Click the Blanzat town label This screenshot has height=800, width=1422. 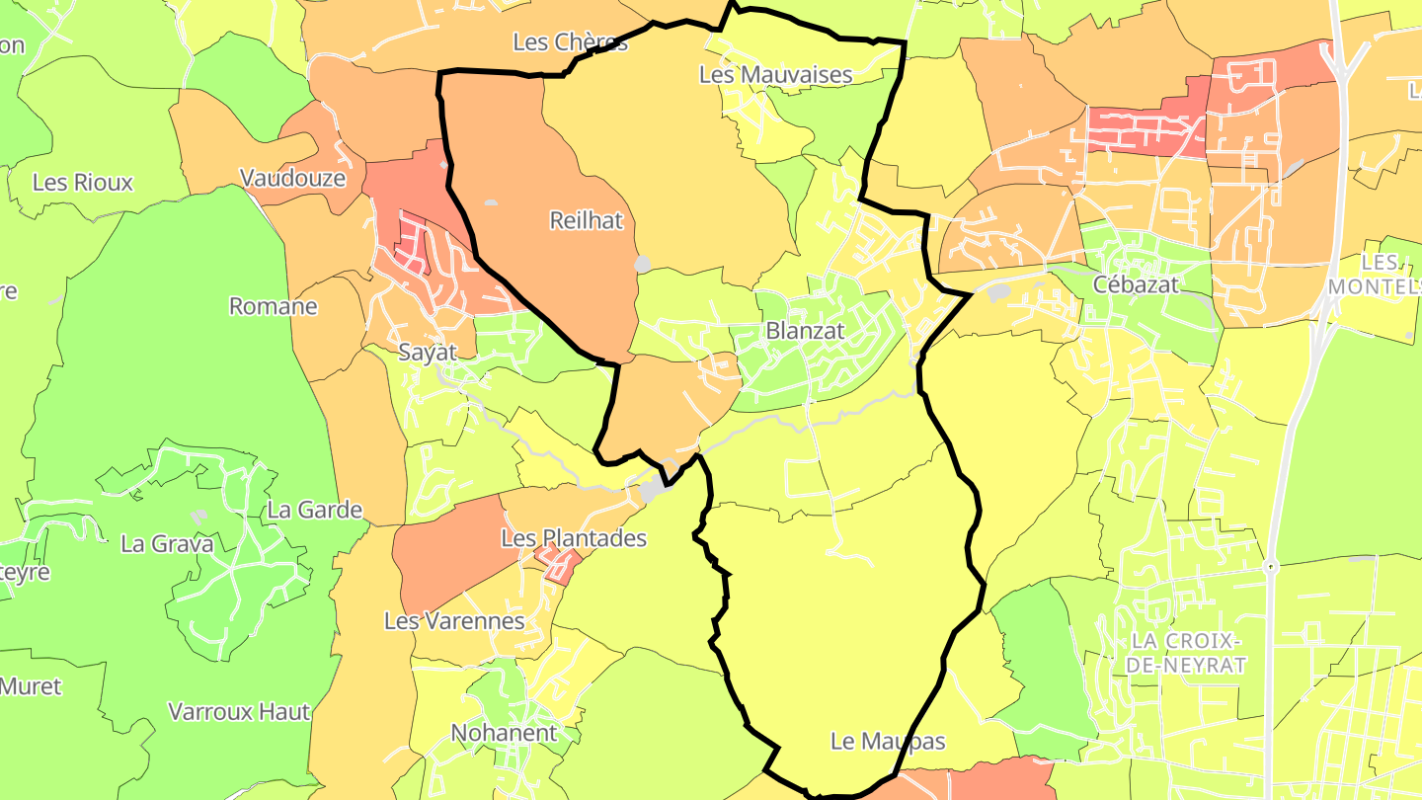pos(806,331)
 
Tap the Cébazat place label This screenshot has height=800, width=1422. pos(1136,284)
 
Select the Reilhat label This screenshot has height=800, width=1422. pos(587,220)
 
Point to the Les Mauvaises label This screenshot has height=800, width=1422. pos(775,74)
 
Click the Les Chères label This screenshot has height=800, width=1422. pos(570,42)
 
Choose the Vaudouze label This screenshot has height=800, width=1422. pos(293,178)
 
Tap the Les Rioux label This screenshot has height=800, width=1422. pos(83,183)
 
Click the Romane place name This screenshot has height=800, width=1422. pos(274,306)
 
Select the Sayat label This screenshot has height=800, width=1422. pos(428,352)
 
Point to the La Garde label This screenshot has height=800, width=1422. pos(315,511)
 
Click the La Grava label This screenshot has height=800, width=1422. pos(166,543)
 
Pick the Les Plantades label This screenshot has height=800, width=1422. pos(574,538)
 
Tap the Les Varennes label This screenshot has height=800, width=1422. pos(454,621)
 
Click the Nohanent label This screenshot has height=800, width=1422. pos(504,733)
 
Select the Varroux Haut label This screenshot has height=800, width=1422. pos(240,711)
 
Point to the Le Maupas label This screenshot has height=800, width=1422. pos(888,741)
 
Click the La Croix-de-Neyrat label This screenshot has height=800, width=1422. pos(1185,652)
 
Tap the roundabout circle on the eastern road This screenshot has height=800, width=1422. pos(1271,567)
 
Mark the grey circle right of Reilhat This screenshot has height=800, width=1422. pos(643,264)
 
